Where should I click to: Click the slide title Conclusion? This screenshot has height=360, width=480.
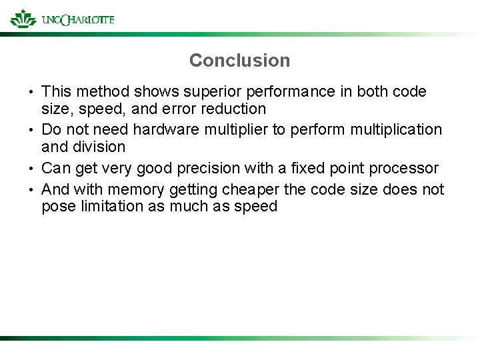239,61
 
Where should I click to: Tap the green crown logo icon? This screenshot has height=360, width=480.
23,18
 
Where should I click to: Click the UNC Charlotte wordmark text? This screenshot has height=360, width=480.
77,19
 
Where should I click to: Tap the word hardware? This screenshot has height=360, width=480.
163,129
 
